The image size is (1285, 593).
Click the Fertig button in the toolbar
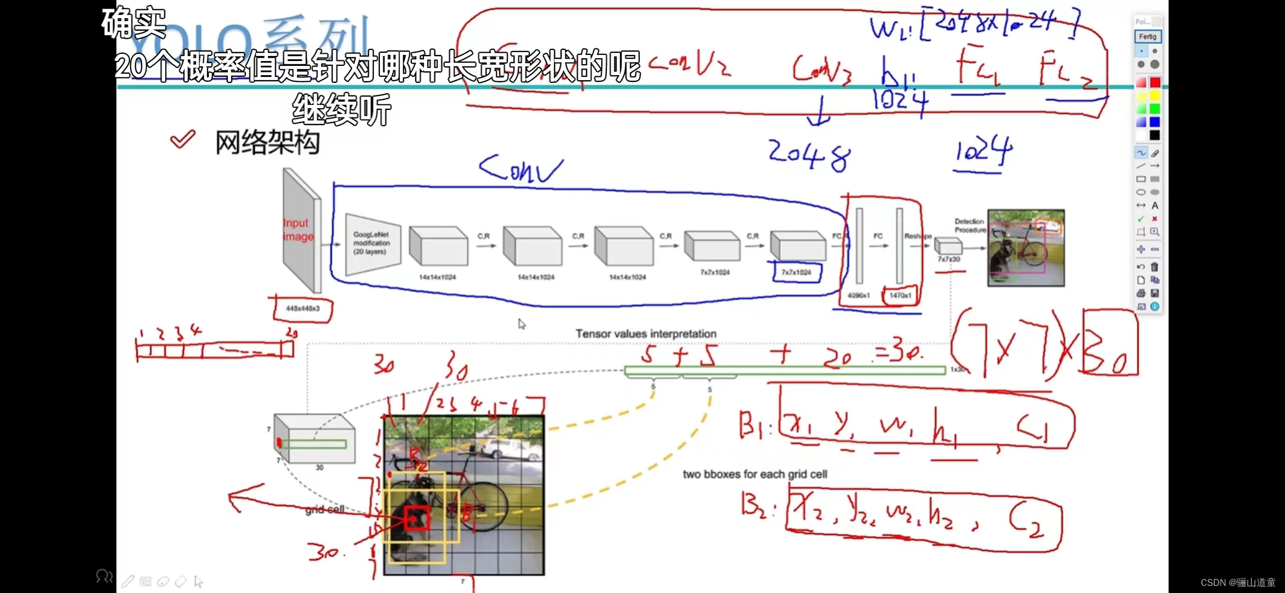click(1147, 36)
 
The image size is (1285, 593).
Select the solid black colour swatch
click(1155, 135)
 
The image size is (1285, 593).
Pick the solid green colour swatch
click(1155, 109)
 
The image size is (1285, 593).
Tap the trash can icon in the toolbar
click(1154, 267)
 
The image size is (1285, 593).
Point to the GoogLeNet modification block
click(372, 243)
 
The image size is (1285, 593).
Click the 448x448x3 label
click(303, 309)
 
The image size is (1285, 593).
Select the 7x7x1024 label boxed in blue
click(796, 272)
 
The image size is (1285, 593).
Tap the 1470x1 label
click(900, 295)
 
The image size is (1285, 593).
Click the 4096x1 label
click(858, 295)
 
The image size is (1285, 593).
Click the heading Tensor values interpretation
click(646, 334)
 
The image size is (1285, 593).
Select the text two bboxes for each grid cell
click(755, 474)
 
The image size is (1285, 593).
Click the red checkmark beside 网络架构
click(183, 139)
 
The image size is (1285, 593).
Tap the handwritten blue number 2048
click(809, 155)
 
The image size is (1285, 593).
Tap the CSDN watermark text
click(1238, 583)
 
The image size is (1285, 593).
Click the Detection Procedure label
click(969, 226)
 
